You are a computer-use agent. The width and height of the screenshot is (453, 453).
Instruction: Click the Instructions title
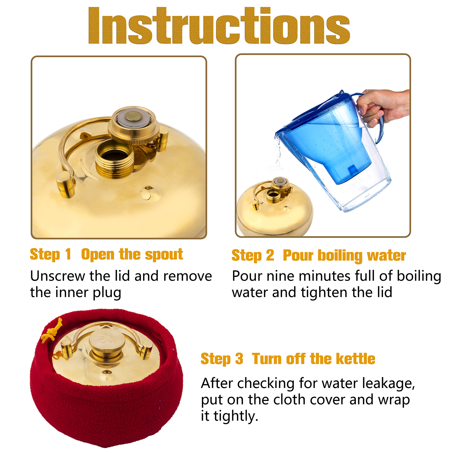click(219, 26)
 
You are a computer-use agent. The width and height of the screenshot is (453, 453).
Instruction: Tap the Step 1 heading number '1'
click(68, 254)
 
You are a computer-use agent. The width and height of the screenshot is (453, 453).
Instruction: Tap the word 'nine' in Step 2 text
click(279, 276)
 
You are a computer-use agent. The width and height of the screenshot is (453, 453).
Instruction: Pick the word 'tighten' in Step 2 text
click(322, 292)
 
